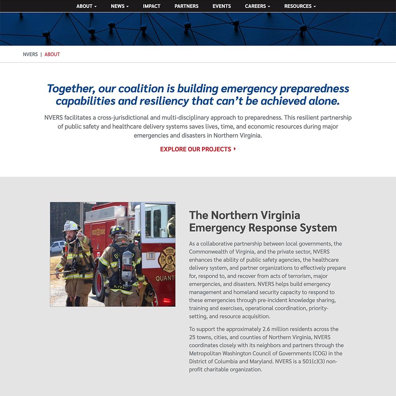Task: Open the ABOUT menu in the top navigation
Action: [86, 6]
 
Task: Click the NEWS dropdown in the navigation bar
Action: [120, 6]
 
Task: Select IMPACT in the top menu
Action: [152, 6]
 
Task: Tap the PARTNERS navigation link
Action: [187, 6]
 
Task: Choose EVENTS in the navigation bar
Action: [222, 6]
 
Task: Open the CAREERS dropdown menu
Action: [257, 6]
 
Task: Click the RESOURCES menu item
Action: [300, 6]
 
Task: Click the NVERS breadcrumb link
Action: [30, 54]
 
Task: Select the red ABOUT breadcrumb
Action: [52, 54]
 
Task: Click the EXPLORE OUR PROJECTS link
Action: [196, 149]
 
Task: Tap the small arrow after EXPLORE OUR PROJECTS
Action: [235, 149]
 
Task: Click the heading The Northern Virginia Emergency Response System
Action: [263, 221]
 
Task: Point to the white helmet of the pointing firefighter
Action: [70, 225]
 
